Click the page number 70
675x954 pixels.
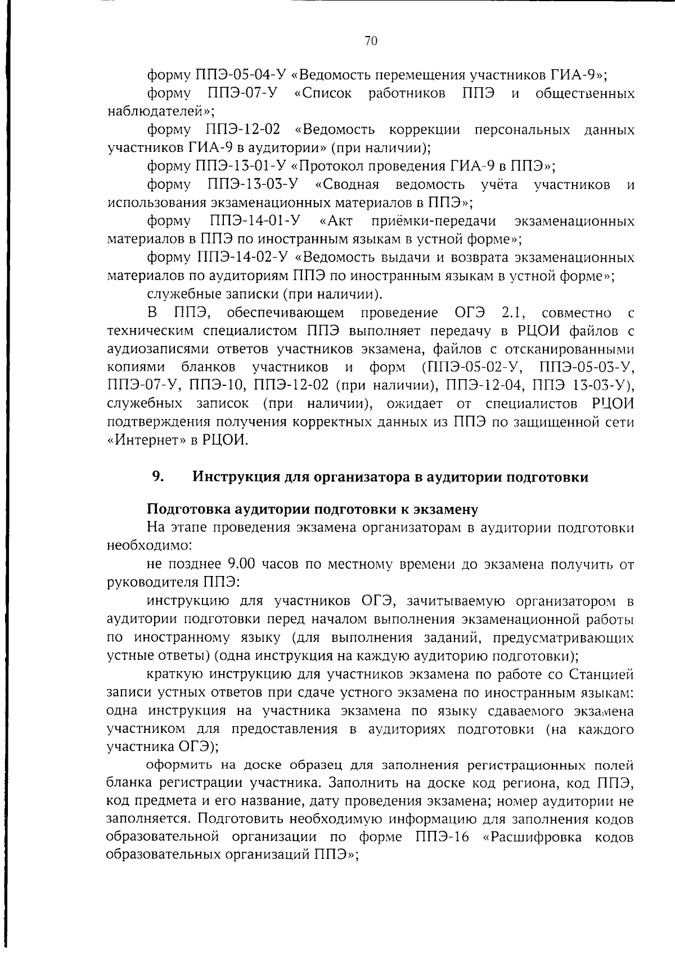371,40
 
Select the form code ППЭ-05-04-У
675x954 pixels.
241,75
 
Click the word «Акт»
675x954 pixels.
336,222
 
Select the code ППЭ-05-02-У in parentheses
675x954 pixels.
472,368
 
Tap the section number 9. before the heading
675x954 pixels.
157,477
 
